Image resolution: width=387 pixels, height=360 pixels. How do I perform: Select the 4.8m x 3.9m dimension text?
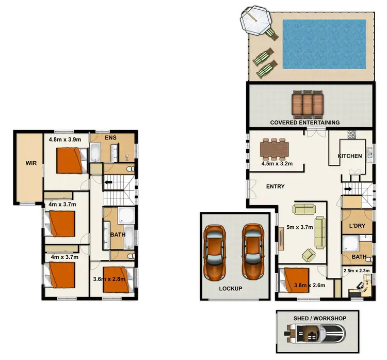(65, 139)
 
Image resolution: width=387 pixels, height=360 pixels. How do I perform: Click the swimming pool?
(324, 44)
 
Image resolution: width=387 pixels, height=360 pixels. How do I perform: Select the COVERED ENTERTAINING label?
(305, 122)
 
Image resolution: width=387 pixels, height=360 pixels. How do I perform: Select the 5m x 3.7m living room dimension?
(301, 226)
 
